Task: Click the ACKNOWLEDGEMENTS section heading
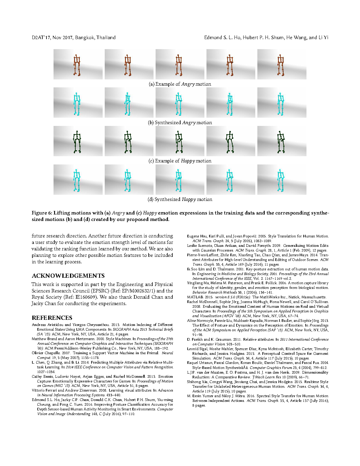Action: tap(68, 276)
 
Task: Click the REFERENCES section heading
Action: tap(52, 318)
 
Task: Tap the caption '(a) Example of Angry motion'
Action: tap(180, 84)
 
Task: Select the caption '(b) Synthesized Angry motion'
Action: tap(180, 122)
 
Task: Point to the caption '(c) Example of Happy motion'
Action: tap(180, 161)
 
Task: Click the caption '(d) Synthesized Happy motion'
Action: tap(180, 199)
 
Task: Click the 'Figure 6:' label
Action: tap(42, 213)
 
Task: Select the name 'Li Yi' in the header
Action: tap(323, 38)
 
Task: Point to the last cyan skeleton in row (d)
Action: tap(281, 180)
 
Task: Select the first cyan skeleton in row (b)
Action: tap(77, 104)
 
